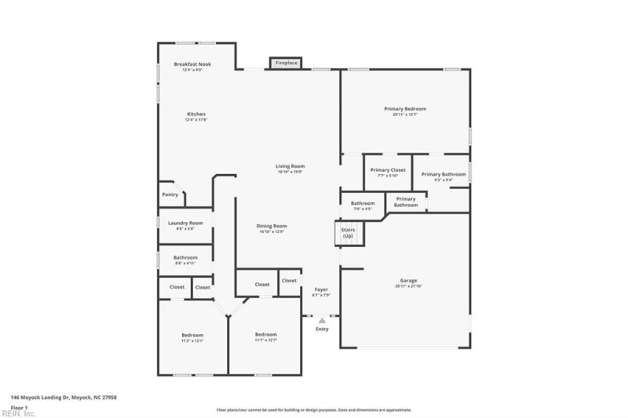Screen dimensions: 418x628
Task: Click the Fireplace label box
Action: (x=286, y=62)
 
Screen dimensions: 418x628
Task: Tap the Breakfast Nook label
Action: (x=192, y=64)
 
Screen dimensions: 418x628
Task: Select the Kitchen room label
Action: (x=195, y=114)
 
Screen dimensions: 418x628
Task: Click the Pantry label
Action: (x=170, y=194)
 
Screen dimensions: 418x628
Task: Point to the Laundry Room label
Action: (x=185, y=224)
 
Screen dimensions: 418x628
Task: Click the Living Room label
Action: (x=290, y=166)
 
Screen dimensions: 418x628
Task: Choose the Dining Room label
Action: (x=271, y=227)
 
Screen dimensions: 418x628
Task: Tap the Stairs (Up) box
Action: (x=348, y=234)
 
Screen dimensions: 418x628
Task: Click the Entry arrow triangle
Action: (x=321, y=320)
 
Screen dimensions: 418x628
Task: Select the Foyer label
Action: (x=321, y=289)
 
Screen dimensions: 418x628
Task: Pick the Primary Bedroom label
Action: (x=405, y=109)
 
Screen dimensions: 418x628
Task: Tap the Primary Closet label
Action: (x=388, y=170)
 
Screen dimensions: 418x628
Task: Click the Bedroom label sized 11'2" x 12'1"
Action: (x=193, y=336)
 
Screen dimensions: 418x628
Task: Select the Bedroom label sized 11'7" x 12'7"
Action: (x=265, y=336)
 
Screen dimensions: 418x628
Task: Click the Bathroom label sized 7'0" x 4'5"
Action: (x=363, y=204)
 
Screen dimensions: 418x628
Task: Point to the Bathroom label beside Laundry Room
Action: (x=185, y=258)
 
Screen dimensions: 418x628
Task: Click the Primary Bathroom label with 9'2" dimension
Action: (x=444, y=175)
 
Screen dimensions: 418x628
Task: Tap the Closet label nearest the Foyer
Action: (x=289, y=281)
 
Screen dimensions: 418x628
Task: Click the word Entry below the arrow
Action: (x=322, y=329)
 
